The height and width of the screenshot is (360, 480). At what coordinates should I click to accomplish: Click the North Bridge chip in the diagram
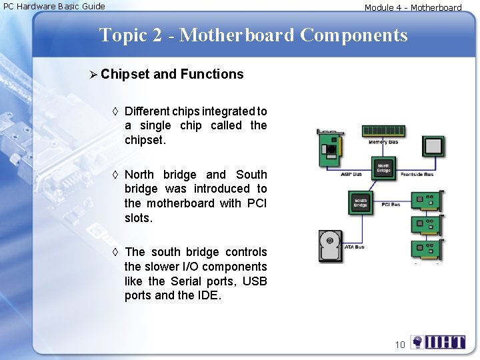(x=383, y=167)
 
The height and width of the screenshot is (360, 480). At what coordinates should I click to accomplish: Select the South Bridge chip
(x=361, y=203)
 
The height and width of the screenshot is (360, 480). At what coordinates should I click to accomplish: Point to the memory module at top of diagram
(x=383, y=131)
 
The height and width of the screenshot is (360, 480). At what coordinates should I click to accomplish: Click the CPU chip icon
(x=434, y=147)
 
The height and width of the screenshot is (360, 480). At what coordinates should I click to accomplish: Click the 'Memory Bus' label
(x=383, y=142)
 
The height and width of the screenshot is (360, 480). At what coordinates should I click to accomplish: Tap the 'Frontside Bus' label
(x=417, y=175)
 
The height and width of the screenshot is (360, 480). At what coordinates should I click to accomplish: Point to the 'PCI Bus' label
(x=391, y=205)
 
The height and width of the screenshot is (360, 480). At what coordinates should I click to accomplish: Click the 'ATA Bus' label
(x=354, y=247)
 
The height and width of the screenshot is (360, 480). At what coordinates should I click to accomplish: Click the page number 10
(x=400, y=345)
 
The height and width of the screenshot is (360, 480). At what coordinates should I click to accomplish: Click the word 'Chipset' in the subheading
(x=125, y=74)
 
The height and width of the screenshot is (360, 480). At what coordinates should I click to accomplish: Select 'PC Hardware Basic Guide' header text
(x=55, y=7)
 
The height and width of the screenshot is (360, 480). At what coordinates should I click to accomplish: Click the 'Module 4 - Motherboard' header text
(x=413, y=8)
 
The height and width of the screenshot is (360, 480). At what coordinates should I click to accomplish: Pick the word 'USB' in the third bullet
(x=255, y=281)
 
